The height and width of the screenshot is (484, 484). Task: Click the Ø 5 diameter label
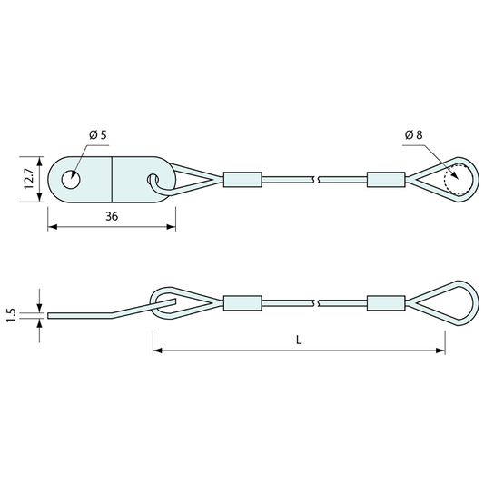tap(98, 135)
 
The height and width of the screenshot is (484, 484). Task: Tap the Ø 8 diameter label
tap(414, 135)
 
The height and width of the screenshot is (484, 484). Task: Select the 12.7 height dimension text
tap(30, 179)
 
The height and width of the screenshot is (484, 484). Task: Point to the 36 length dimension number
tap(112, 216)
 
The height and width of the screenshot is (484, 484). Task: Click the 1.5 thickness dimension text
tap(12, 315)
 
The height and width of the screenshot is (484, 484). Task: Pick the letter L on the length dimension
tap(299, 341)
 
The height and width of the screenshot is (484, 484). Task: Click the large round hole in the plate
tap(71, 179)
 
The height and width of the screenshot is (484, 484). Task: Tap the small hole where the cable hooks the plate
tap(153, 179)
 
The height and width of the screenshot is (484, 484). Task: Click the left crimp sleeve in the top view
tap(242, 179)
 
